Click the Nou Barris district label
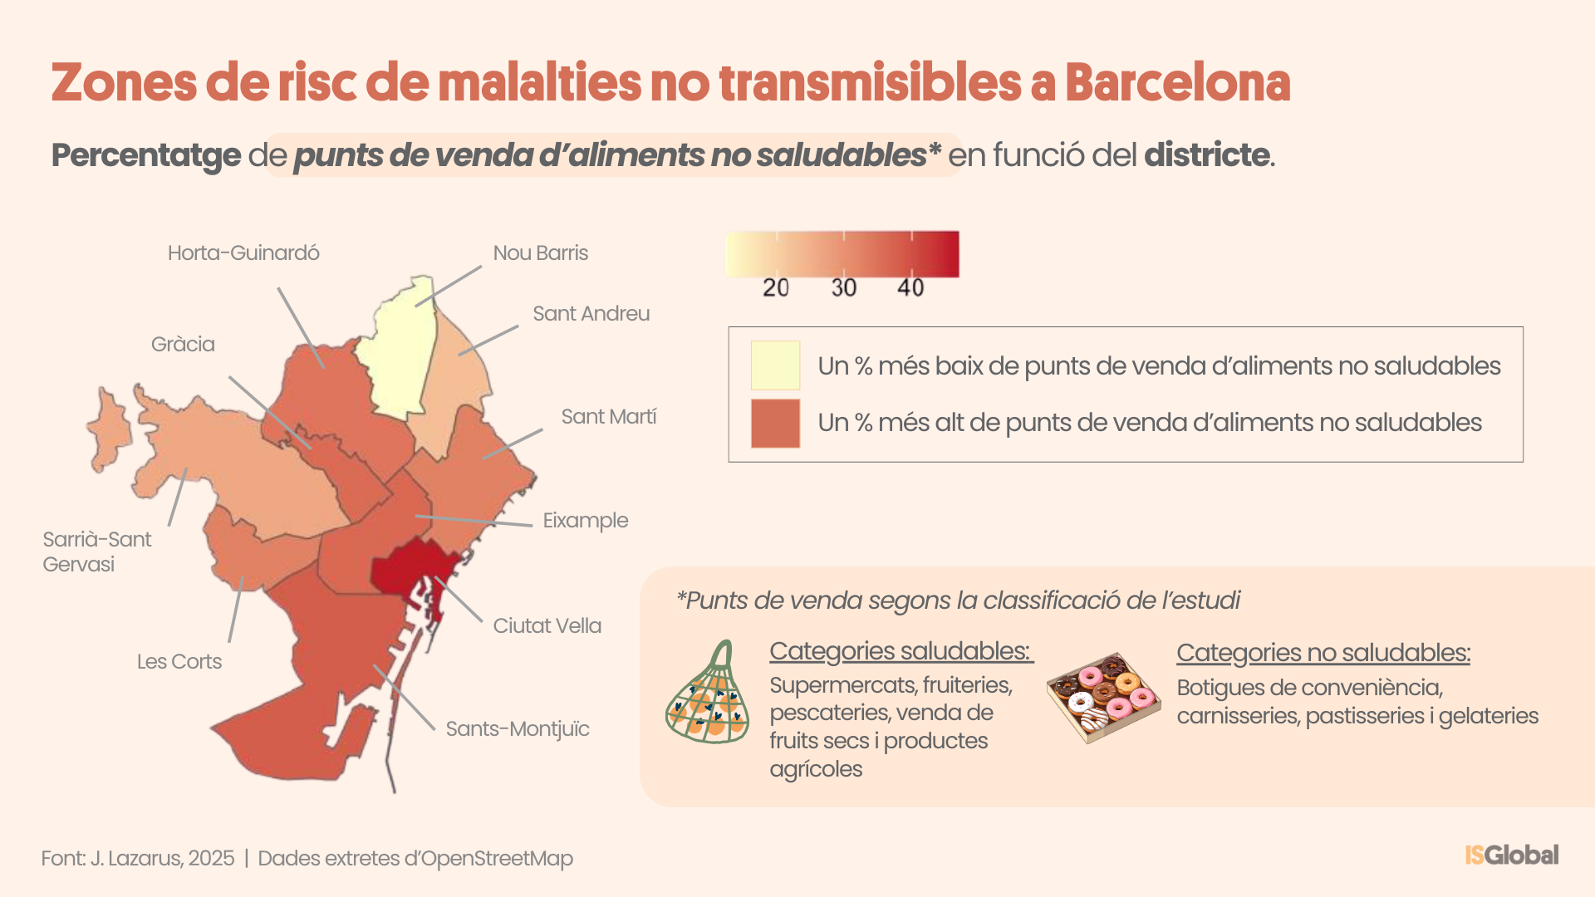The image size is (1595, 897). (540, 253)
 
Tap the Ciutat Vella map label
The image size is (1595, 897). (547, 625)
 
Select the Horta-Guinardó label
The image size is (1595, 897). (243, 253)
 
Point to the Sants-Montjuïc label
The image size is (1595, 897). (517, 728)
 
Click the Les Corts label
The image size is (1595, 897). (179, 661)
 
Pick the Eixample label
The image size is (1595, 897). (585, 520)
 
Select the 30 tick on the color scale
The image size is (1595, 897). (843, 287)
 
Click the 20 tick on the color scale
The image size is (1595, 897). (775, 287)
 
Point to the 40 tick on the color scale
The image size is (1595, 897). (910, 287)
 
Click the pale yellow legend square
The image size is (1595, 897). (775, 365)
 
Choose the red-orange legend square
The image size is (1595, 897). (775, 424)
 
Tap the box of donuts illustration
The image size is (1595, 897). (1103, 696)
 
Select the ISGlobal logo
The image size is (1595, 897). (1511, 855)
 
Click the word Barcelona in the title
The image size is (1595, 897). (1177, 83)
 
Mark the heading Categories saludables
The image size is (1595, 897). (901, 651)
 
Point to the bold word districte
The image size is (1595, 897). (1206, 155)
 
